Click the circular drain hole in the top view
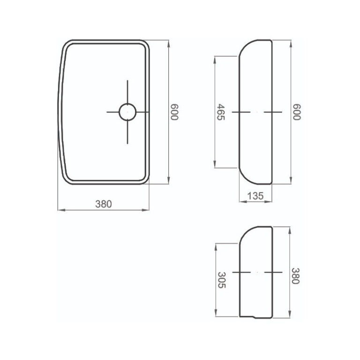127,112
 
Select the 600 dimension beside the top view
174,112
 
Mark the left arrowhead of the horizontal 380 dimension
59,210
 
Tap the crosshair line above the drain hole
127,91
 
